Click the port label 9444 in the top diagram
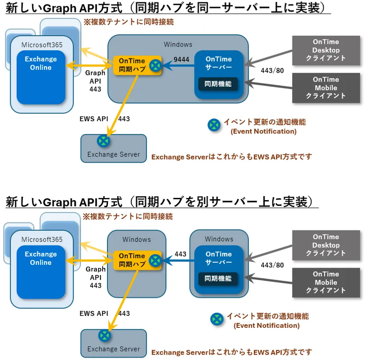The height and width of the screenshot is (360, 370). pyautogui.click(x=181, y=59)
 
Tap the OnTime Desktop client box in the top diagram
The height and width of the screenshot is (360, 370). pyautogui.click(x=326, y=50)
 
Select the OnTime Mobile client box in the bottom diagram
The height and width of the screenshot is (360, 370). pyautogui.click(x=326, y=282)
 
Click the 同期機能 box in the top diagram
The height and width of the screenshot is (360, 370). pyautogui.click(x=218, y=83)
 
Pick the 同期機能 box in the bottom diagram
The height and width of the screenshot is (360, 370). pyautogui.click(x=218, y=279)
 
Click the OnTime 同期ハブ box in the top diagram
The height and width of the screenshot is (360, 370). pyautogui.click(x=131, y=65)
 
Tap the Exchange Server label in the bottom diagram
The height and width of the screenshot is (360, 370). pyautogui.click(x=113, y=349)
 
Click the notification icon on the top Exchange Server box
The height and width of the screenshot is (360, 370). pyautogui.click(x=104, y=141)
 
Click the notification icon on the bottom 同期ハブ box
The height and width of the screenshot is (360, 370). pyautogui.click(x=155, y=260)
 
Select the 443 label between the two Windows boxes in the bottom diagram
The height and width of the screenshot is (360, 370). pyautogui.click(x=181, y=254)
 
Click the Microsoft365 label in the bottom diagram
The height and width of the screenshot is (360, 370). pyautogui.click(x=42, y=240)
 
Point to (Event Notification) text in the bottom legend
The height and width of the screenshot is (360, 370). pyautogui.click(x=266, y=326)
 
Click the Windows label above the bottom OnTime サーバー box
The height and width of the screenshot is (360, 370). pyautogui.click(x=219, y=239)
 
